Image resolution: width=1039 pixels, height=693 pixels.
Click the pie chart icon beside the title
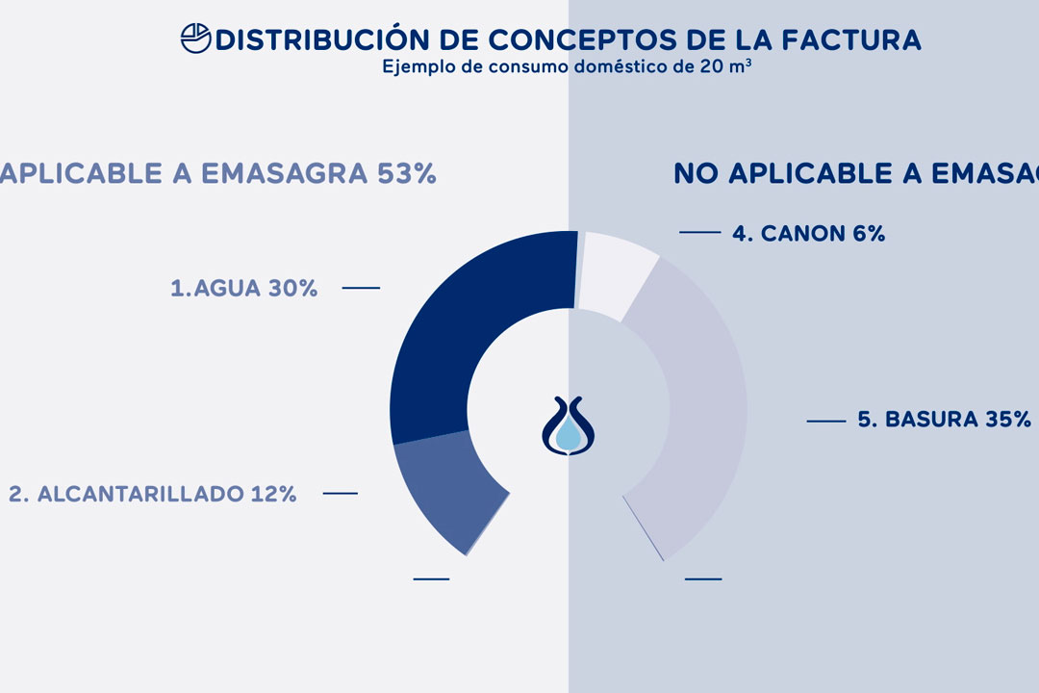click(196, 38)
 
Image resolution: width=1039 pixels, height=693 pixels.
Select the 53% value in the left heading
click(407, 173)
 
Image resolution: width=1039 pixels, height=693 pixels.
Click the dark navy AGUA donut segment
click(452, 327)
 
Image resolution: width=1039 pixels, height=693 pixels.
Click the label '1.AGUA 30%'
click(244, 288)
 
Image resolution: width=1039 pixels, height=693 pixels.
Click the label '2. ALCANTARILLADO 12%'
click(153, 494)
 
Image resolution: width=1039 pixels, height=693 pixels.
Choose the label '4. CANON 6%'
click(808, 233)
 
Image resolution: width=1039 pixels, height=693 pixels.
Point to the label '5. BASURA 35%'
click(944, 420)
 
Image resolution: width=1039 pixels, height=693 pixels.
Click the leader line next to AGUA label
click(361, 288)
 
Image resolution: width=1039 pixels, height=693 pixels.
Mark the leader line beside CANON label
click(699, 232)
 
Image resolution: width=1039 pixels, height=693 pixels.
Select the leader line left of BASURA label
click(825, 421)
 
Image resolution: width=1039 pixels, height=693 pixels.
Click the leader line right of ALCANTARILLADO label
click(340, 494)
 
